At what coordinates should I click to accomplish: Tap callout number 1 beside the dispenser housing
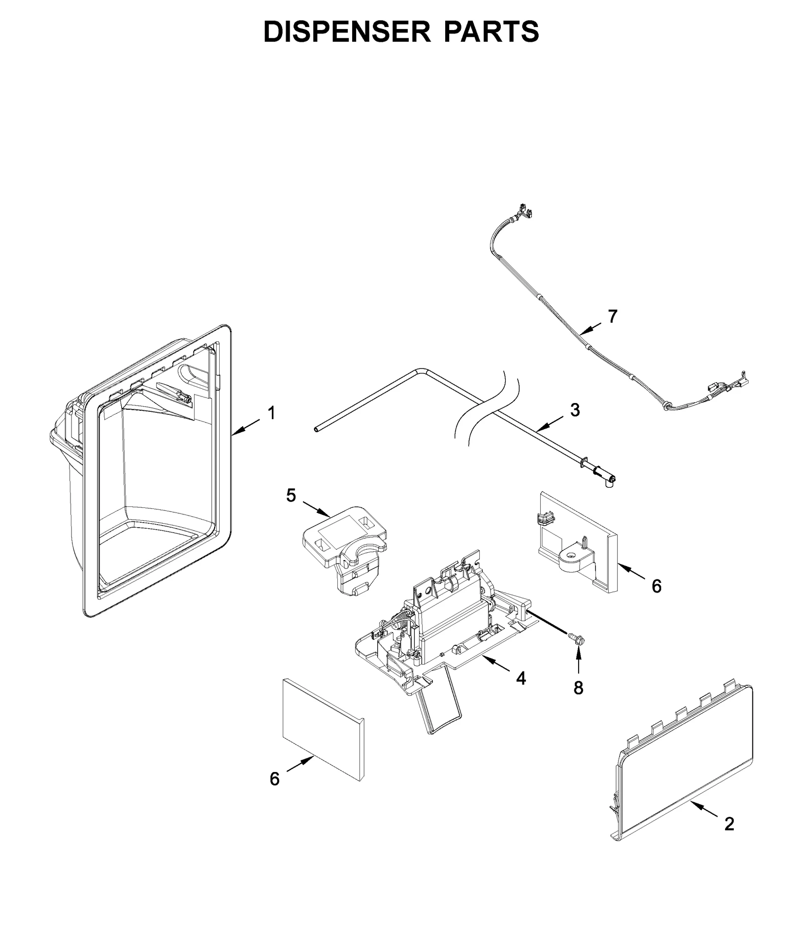click(x=270, y=413)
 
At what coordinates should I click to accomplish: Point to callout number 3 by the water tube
click(x=574, y=409)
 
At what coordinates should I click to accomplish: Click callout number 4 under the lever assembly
click(x=521, y=678)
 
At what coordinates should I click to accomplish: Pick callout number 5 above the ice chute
click(x=291, y=496)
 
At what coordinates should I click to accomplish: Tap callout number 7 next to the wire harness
click(x=612, y=316)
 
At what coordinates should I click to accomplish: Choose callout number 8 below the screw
click(x=578, y=688)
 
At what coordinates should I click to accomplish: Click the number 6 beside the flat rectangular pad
click(x=274, y=779)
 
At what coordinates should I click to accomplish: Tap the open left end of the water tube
click(x=316, y=430)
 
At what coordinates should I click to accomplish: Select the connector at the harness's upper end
click(x=524, y=213)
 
